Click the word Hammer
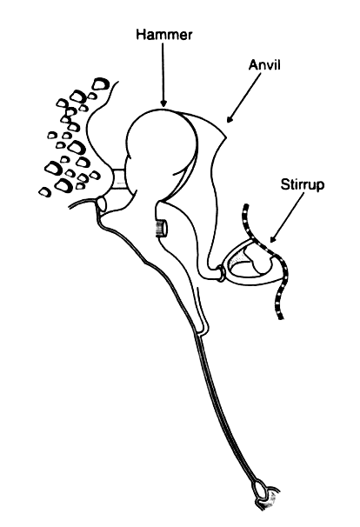164,35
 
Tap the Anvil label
264,65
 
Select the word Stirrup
303,185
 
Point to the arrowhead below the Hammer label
163,103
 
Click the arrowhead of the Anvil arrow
230,119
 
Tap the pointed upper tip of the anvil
226,137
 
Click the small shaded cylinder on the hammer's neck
161,228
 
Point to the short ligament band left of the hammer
118,180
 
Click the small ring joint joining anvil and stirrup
220,273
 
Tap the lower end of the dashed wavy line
281,317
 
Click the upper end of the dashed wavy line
246,206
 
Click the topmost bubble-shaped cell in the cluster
101,83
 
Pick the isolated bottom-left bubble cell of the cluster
44,192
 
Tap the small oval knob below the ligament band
102,203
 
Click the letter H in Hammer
141,35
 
